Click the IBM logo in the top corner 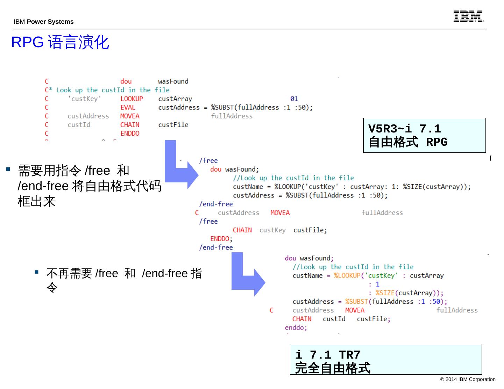468,16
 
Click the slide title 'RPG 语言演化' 60,42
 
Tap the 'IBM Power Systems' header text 44,22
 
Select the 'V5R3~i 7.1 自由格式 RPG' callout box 424,135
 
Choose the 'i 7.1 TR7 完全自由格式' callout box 385,360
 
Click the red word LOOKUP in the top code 132,99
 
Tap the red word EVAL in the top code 128,108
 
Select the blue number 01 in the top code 294,99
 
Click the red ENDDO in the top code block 130,134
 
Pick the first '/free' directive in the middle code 208,161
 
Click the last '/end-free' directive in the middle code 216,247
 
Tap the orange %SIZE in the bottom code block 385,293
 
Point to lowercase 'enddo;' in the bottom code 296,327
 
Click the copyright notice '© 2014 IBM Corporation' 468,379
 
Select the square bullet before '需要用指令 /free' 8,170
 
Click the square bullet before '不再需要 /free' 36,272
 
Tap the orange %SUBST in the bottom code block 356,302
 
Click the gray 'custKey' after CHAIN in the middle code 272,230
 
